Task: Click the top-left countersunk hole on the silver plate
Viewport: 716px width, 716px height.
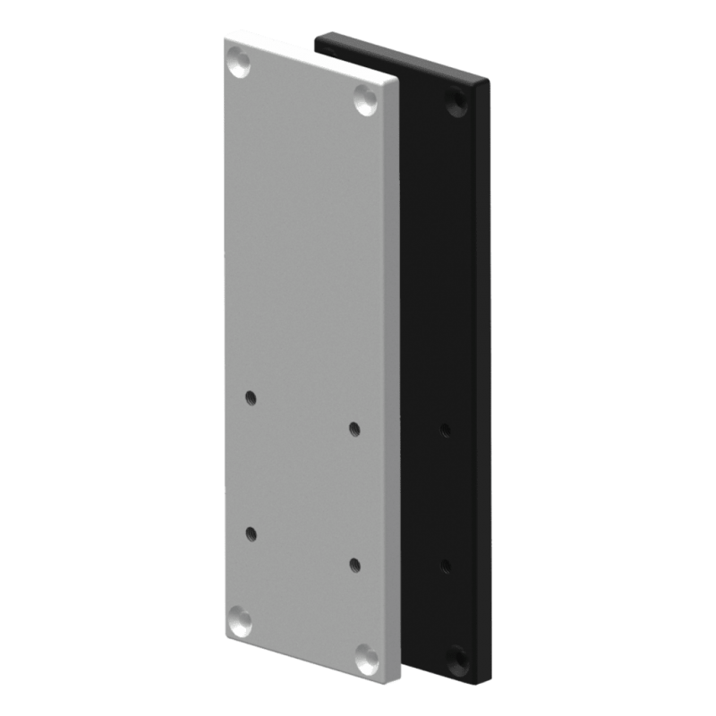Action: (239, 64)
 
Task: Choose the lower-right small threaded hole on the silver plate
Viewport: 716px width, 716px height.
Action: (354, 564)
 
